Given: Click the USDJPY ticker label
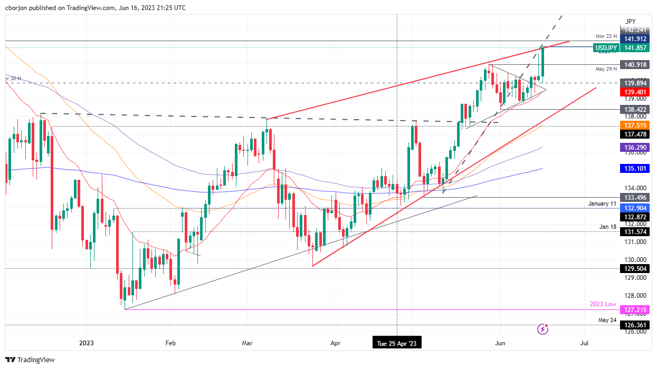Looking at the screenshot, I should [605, 48].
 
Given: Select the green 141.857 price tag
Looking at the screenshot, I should [636, 48].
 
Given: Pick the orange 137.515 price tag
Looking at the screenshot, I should [636, 125].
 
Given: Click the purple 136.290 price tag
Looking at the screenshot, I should [636, 148].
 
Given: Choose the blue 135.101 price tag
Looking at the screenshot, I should [636, 169].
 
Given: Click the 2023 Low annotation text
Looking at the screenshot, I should [603, 305].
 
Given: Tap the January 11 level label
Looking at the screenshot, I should [603, 203].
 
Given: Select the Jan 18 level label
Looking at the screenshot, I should [607, 227].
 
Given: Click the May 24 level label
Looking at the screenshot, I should [607, 320].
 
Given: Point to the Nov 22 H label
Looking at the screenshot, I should [606, 36].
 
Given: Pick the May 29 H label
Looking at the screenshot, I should [606, 69].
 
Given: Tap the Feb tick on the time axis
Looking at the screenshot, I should [170, 343].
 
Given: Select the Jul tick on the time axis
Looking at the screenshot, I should [584, 343].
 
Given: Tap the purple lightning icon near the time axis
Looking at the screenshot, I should [544, 329].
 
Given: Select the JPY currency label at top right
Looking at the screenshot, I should [630, 21].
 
